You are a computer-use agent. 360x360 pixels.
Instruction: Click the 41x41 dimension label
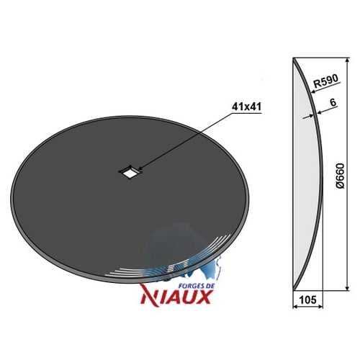246,107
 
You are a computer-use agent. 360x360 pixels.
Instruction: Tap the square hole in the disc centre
130,172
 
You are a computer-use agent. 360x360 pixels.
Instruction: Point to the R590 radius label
326,81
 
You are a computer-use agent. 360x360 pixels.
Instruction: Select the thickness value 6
333,102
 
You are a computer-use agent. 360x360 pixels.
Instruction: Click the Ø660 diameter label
340,176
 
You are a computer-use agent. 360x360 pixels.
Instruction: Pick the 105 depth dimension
308,300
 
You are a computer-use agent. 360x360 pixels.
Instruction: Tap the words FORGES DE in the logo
197,286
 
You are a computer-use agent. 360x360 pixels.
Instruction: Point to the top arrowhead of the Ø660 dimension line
347,60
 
